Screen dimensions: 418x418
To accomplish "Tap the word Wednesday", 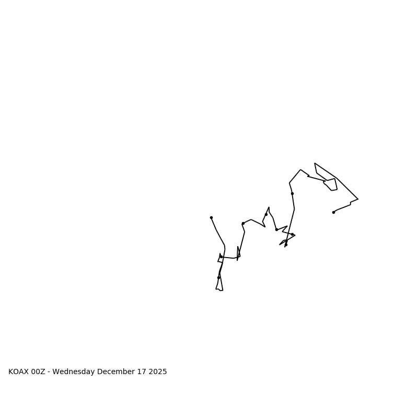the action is [74, 372].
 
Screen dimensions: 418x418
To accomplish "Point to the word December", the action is [114, 372].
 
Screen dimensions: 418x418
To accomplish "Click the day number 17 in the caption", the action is [139, 372].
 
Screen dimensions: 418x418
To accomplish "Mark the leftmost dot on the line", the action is [211, 217].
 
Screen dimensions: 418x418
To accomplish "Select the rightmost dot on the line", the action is [333, 212].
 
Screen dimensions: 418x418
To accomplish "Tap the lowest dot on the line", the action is [218, 277].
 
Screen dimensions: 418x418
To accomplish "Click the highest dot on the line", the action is [292, 193].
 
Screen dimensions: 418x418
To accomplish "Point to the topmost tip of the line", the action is [315, 163].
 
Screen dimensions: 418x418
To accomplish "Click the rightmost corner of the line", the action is [358, 199].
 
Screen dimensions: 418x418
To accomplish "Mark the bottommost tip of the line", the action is [222, 291].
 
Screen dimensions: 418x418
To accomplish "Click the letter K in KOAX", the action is [10, 372].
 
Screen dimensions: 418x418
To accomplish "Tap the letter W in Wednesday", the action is [55, 372].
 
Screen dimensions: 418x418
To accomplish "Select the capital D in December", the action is [100, 372].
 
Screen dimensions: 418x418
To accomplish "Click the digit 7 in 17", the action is [141, 372].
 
